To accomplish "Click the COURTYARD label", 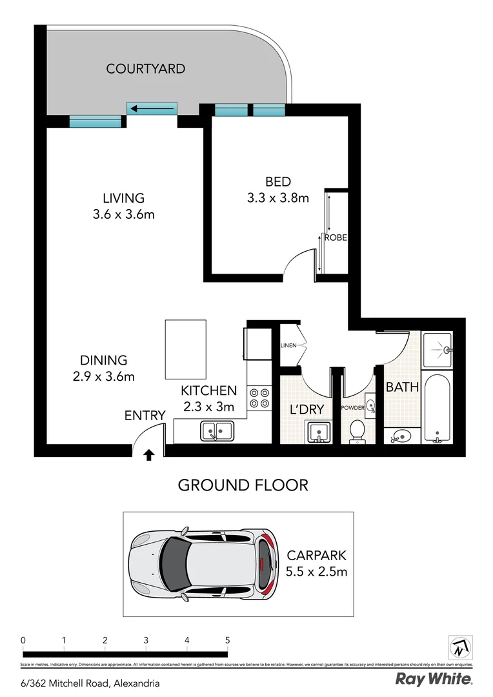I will coord(146,68).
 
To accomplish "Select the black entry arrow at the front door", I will coord(148,455).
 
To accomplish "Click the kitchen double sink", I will coord(217,430).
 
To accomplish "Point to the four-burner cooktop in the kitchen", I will coord(259,398).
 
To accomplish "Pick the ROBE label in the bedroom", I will coord(336,237).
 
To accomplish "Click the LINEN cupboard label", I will coord(288,346).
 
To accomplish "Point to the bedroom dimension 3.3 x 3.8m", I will coord(277,198).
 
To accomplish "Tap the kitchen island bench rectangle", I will coord(181,349).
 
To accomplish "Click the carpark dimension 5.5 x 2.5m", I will coord(316,571).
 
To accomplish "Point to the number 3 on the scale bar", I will coord(146,640).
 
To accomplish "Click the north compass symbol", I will coord(460,646).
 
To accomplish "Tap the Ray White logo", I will coord(434,679).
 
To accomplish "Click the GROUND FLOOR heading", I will coord(243,485).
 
